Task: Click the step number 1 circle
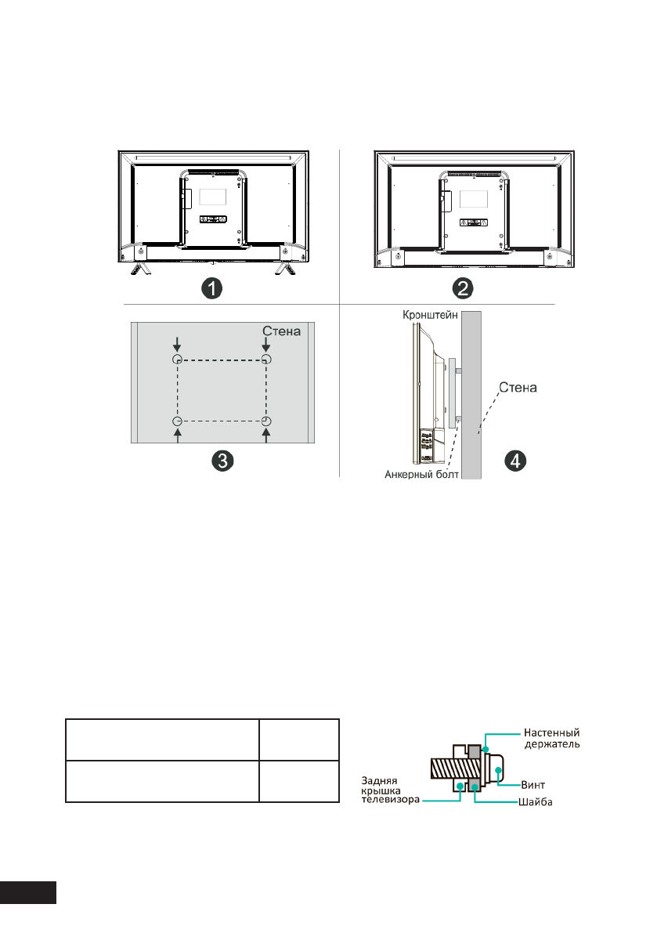click(x=211, y=288)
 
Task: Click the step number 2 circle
click(x=464, y=288)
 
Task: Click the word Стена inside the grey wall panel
click(x=281, y=331)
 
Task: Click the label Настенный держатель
click(x=551, y=739)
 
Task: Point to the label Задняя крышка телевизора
click(x=389, y=790)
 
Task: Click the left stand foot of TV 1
click(x=139, y=268)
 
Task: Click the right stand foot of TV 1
click(x=284, y=268)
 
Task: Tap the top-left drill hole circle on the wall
click(x=178, y=359)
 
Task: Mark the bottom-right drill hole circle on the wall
click(x=267, y=421)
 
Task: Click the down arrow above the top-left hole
click(x=178, y=343)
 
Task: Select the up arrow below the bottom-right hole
click(x=267, y=438)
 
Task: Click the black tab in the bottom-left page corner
click(x=28, y=892)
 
